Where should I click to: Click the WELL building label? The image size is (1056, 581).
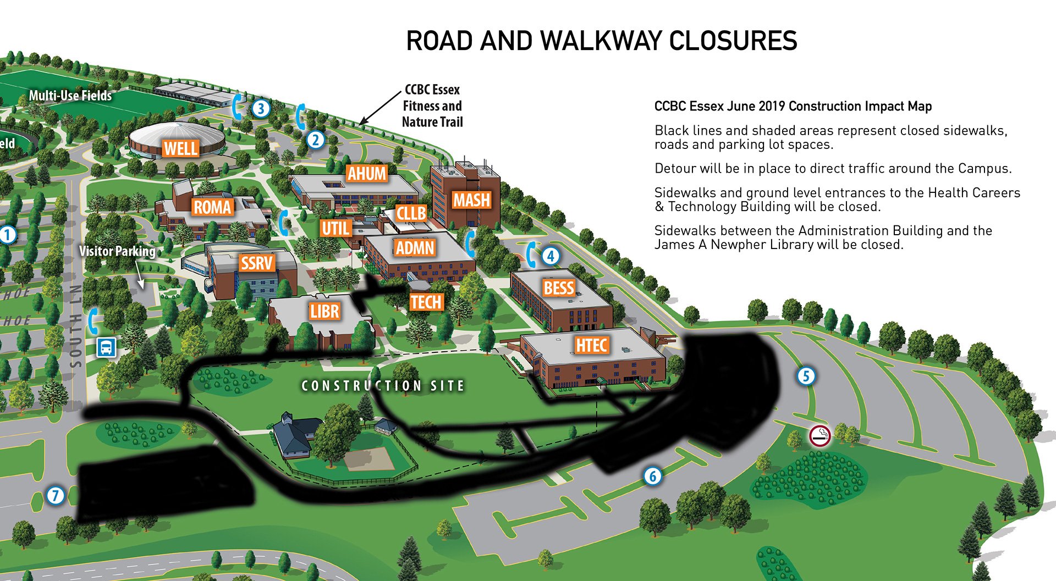tap(180, 148)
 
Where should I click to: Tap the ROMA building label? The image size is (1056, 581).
tap(212, 207)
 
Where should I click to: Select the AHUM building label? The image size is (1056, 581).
tap(367, 174)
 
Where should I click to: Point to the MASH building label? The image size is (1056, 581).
tap(471, 200)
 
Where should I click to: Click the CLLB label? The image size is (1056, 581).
tap(411, 213)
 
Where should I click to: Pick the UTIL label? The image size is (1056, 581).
tap(335, 228)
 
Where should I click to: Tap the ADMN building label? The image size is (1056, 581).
tap(415, 248)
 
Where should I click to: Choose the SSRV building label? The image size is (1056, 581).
tap(256, 263)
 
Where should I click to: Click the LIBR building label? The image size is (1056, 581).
tap(324, 312)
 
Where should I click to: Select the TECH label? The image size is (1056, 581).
tap(426, 302)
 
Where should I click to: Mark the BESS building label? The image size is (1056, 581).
tap(559, 288)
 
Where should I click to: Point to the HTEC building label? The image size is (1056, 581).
tap(591, 345)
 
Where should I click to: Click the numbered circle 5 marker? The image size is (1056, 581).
tap(806, 377)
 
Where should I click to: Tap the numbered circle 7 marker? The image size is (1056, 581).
tap(55, 495)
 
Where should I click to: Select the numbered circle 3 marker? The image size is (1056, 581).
tap(261, 108)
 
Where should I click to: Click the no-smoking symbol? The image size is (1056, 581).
tap(820, 436)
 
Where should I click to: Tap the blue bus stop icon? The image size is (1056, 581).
tap(106, 347)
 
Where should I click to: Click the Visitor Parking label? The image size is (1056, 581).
tap(117, 251)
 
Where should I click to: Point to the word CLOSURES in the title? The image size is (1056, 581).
tap(733, 41)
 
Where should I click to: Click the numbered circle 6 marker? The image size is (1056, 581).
tap(653, 476)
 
